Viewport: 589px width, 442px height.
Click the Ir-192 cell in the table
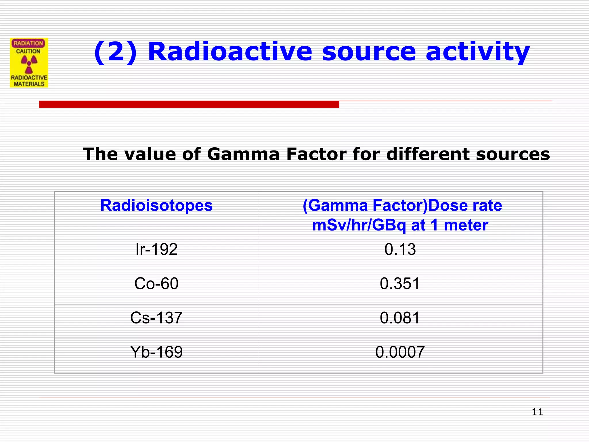(156, 249)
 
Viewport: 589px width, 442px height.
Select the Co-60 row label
(156, 283)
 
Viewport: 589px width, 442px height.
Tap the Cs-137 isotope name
(156, 318)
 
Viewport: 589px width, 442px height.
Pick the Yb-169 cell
(156, 352)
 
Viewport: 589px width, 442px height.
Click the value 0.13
(400, 249)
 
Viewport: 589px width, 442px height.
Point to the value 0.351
(400, 283)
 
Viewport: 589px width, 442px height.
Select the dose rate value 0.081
(400, 318)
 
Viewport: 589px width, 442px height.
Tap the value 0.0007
(400, 352)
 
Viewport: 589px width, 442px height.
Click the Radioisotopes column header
(156, 205)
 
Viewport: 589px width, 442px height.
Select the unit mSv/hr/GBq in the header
(359, 225)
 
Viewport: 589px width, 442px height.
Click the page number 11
(537, 412)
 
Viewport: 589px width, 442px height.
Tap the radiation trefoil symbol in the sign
(29, 64)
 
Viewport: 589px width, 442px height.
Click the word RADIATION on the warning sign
(28, 43)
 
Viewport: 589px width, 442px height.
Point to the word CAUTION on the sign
(28, 51)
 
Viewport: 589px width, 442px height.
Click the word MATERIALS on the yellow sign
(29, 84)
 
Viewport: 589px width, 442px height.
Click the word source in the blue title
(369, 52)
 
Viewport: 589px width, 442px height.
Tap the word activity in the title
(477, 52)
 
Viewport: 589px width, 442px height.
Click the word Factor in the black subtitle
(316, 154)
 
